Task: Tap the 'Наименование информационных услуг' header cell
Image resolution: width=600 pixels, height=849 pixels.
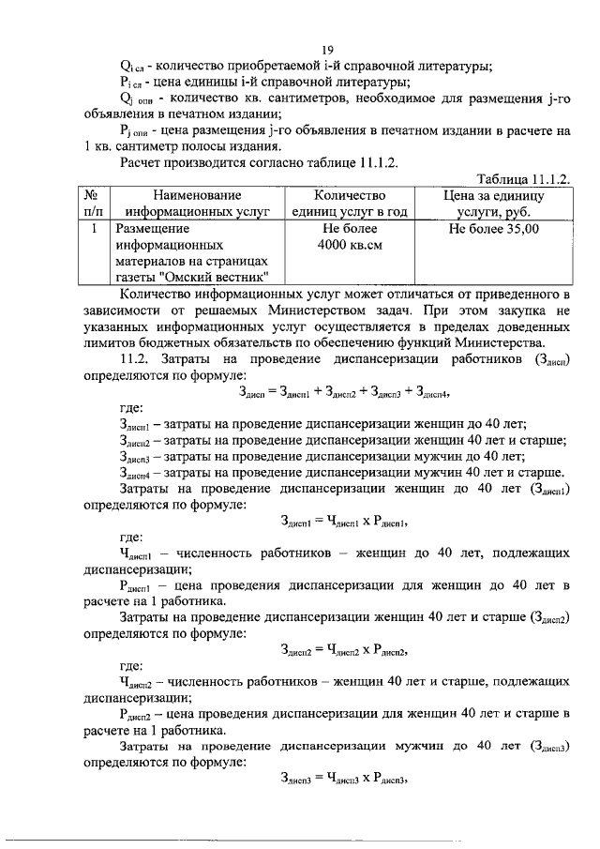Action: pyautogui.click(x=190, y=205)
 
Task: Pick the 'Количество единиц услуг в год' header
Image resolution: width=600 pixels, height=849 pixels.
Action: pyautogui.click(x=350, y=205)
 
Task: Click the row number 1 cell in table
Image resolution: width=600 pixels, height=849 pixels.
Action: pyautogui.click(x=92, y=229)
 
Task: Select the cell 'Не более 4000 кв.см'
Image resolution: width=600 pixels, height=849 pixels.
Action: pyautogui.click(x=350, y=236)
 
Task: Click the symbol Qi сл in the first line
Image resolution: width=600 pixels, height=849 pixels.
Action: pyautogui.click(x=133, y=66)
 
